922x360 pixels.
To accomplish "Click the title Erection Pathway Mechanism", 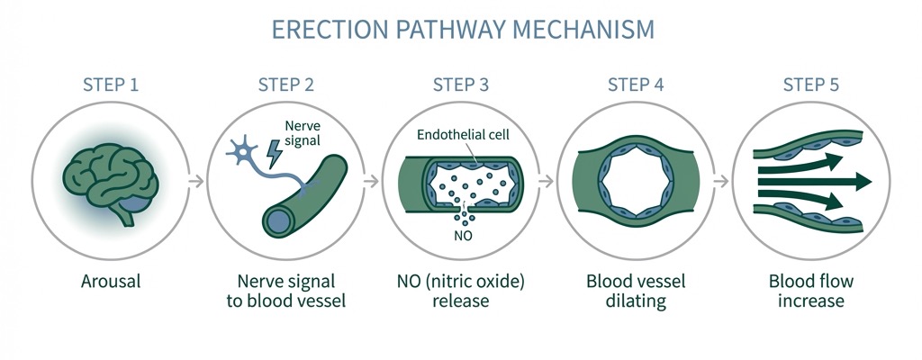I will click(461, 29).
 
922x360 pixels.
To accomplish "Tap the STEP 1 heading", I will click(110, 85).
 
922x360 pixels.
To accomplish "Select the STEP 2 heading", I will click(285, 85).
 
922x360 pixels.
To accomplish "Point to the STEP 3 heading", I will click(461, 85).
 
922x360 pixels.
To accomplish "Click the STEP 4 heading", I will click(636, 85).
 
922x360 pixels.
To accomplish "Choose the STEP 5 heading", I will click(811, 85).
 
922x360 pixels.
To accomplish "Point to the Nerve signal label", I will click(302, 134).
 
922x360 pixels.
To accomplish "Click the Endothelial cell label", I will click(461, 134).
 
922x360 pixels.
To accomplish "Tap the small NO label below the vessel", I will click(461, 236).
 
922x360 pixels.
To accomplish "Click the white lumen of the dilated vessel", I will click(636, 181).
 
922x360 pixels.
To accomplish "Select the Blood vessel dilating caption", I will click(636, 291).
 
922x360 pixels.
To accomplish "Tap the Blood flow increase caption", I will click(811, 291).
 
